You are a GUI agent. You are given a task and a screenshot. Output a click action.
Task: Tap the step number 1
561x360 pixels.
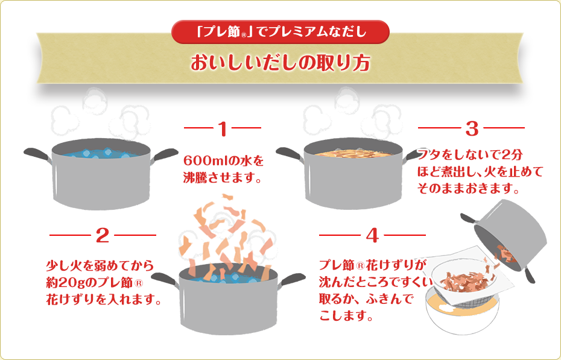coord(222,128)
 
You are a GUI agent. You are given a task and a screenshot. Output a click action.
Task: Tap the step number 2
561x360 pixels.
coord(102,235)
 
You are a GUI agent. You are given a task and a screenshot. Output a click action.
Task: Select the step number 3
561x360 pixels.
coord(472,128)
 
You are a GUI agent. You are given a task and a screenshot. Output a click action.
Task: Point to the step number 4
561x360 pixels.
coord(372,235)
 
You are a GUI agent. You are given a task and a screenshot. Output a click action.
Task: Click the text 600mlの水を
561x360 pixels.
coord(224,162)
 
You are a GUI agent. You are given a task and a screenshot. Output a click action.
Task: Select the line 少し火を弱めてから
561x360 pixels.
coord(100,265)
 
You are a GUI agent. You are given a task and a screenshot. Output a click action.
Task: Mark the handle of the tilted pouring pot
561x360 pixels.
coord(528,273)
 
